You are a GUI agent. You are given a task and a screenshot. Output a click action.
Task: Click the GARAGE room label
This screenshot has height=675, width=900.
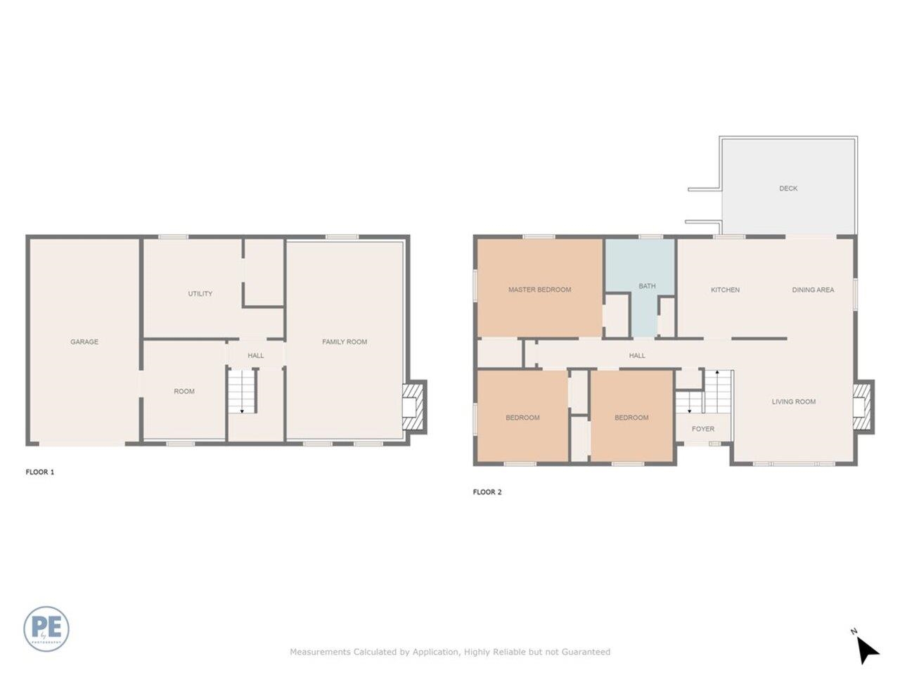pyautogui.click(x=84, y=342)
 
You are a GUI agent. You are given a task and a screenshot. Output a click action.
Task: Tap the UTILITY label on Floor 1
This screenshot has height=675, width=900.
pyautogui.click(x=200, y=293)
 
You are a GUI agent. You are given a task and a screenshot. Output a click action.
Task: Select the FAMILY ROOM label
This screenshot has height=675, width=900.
pyautogui.click(x=345, y=342)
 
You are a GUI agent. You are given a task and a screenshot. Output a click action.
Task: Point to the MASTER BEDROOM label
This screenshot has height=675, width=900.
pyautogui.click(x=539, y=290)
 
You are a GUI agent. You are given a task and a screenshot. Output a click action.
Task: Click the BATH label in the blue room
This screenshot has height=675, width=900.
pyautogui.click(x=647, y=286)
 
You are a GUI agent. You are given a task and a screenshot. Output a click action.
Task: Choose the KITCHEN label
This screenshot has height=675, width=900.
pyautogui.click(x=725, y=290)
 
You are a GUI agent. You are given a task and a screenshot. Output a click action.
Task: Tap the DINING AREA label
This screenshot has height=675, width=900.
pyautogui.click(x=813, y=290)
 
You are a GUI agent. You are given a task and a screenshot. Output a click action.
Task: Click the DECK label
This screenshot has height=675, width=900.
pyautogui.click(x=788, y=188)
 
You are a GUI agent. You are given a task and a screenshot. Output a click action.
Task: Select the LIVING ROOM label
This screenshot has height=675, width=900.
pyautogui.click(x=794, y=401)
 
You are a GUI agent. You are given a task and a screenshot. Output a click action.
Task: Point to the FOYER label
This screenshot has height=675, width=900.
pyautogui.click(x=703, y=429)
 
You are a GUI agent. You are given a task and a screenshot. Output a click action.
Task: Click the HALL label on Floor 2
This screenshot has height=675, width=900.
pyautogui.click(x=637, y=356)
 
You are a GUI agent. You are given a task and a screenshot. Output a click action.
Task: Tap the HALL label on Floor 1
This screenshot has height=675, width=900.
pyautogui.click(x=256, y=356)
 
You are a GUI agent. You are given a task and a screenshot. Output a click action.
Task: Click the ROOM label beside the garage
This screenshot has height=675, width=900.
pyautogui.click(x=184, y=392)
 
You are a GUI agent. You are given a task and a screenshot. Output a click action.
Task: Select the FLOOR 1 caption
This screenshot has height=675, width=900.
pyautogui.click(x=40, y=472)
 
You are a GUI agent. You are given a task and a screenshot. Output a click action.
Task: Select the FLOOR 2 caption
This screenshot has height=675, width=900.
pyautogui.click(x=487, y=492)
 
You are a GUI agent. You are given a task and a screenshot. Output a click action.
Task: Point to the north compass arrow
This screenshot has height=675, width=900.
pyautogui.click(x=868, y=650)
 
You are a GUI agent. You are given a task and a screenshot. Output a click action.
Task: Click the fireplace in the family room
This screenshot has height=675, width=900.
pyautogui.click(x=414, y=406)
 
